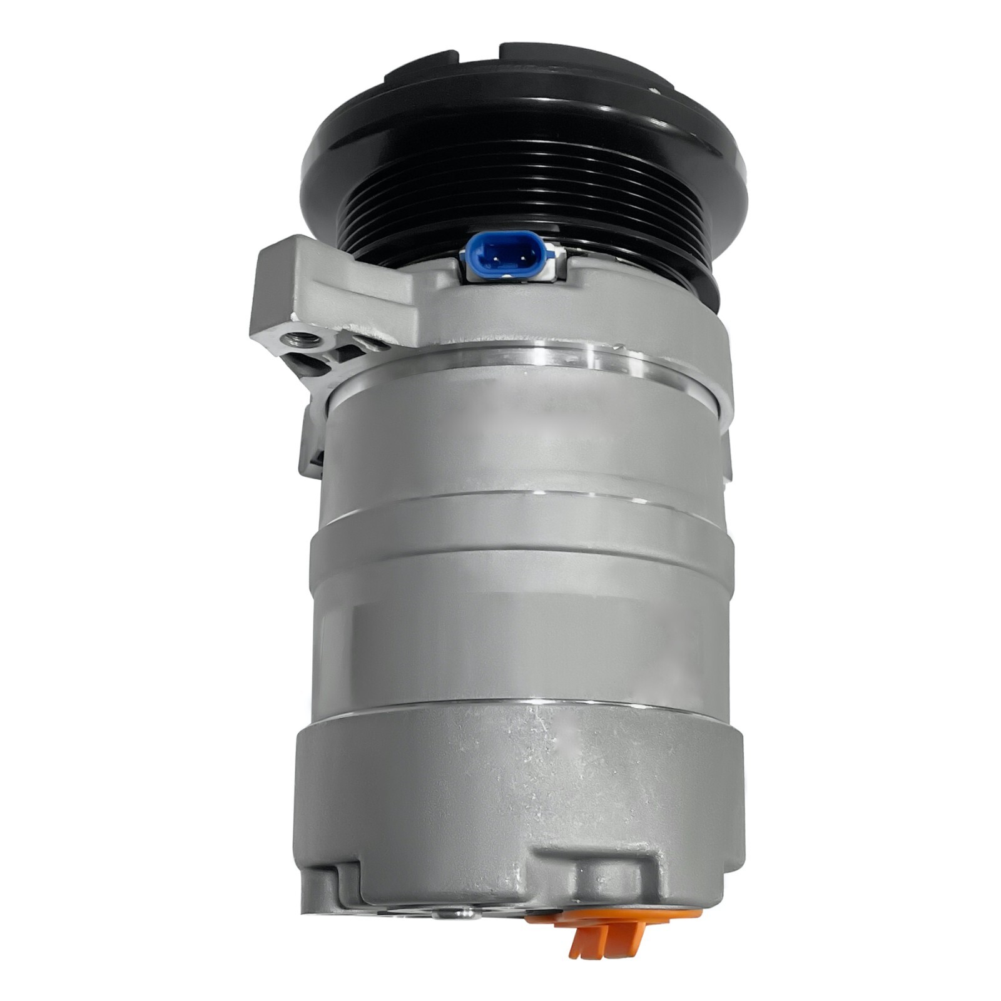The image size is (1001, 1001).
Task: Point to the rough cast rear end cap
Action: (x=519, y=782)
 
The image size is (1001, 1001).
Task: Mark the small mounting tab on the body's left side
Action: (x=311, y=438)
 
